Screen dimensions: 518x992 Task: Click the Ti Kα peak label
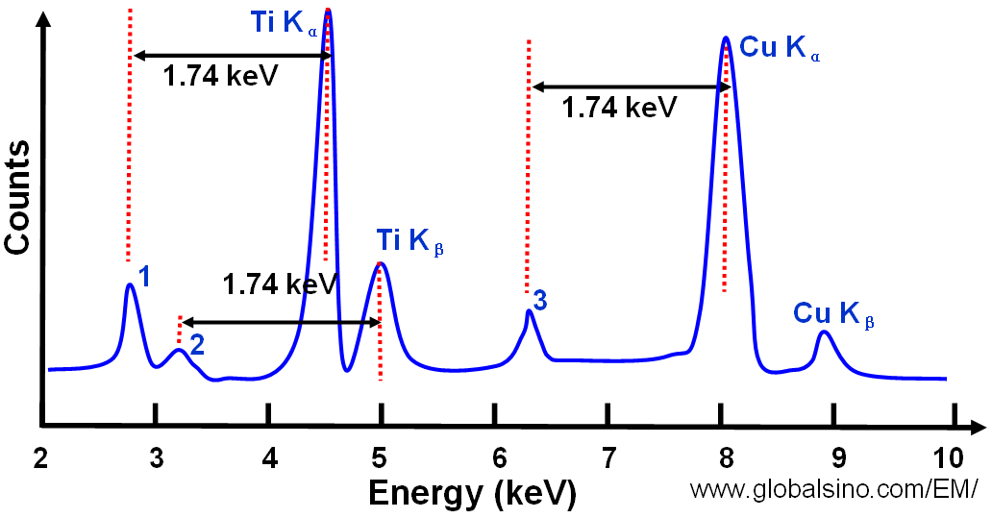pos(285,23)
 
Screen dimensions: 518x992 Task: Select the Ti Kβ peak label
pos(410,241)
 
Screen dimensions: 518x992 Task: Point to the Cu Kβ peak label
pos(833,313)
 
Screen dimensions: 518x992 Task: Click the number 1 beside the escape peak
pos(145,278)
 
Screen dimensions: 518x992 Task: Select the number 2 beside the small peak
pos(197,345)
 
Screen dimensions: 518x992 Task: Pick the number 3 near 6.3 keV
pos(540,301)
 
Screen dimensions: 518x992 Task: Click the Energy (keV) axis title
pos(472,494)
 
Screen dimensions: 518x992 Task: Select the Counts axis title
pos(17,197)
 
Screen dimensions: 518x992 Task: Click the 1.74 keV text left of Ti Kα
pos(220,76)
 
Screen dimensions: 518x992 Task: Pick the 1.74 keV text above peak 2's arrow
pos(280,284)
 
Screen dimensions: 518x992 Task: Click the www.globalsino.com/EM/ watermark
pos(833,489)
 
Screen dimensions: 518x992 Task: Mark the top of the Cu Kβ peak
pos(824,332)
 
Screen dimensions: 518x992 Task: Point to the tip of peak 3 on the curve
pos(528,310)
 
